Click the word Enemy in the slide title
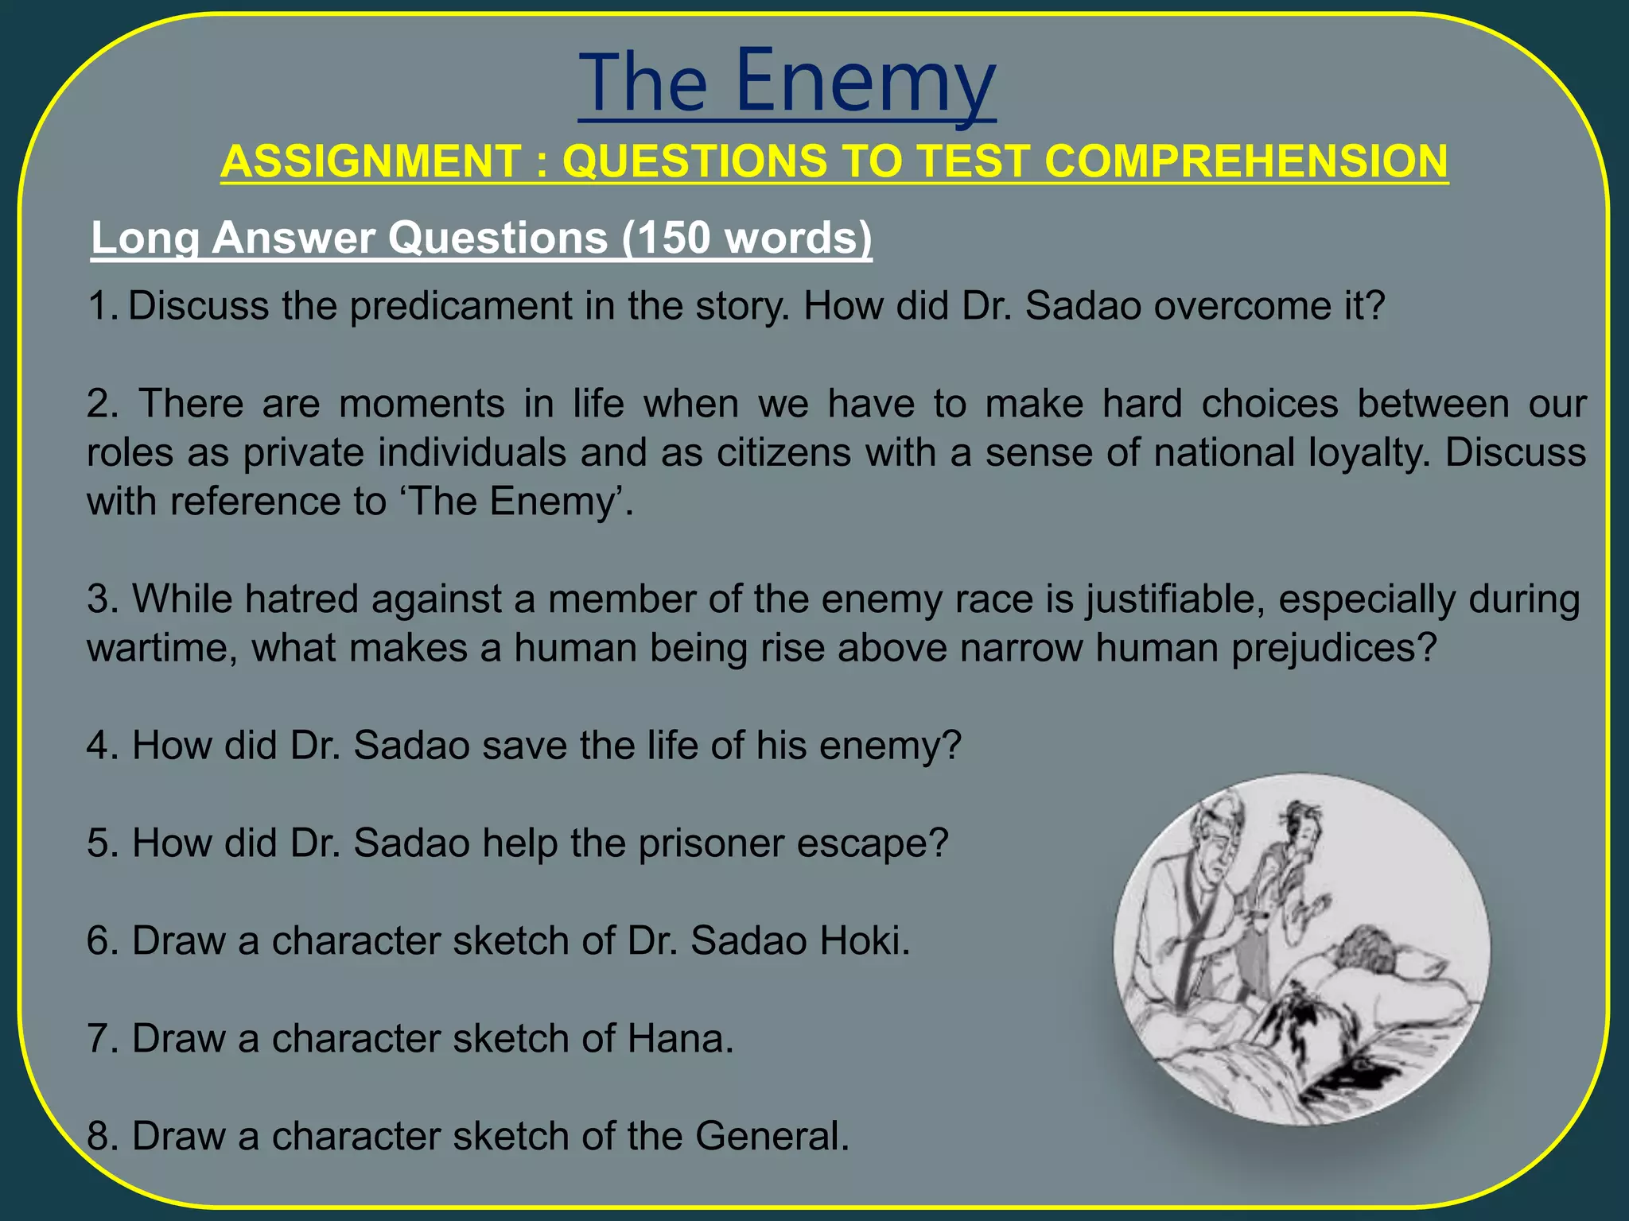click(x=865, y=81)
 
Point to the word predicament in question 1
click(x=461, y=306)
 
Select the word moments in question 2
click(x=422, y=404)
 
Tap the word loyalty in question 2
click(x=1369, y=452)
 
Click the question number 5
click(x=101, y=843)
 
